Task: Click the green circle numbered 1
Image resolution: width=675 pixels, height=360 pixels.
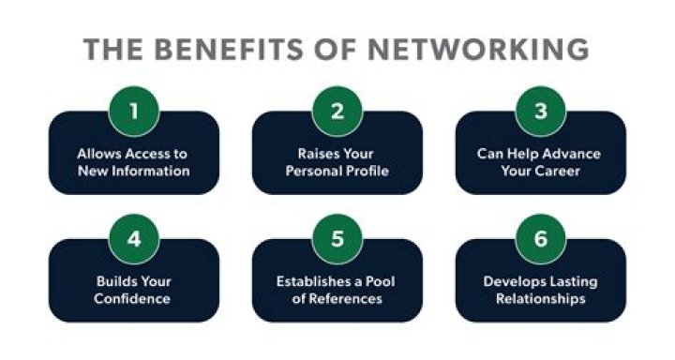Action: click(133, 111)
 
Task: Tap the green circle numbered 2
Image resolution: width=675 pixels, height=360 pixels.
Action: click(337, 111)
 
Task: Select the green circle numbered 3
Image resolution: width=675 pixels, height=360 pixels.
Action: click(541, 111)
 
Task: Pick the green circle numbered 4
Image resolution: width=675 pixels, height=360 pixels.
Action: click(133, 238)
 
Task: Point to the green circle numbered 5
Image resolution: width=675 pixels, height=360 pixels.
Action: click(337, 238)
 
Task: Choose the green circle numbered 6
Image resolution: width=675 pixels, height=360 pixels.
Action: click(541, 238)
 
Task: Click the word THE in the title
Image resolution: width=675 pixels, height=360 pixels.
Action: click(114, 50)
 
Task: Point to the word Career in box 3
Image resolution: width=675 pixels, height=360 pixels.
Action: click(561, 171)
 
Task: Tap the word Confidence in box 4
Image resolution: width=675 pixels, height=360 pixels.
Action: click(133, 299)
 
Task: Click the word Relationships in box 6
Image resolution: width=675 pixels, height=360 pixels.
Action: click(541, 299)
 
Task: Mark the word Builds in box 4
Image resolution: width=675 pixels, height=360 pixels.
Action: click(114, 281)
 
